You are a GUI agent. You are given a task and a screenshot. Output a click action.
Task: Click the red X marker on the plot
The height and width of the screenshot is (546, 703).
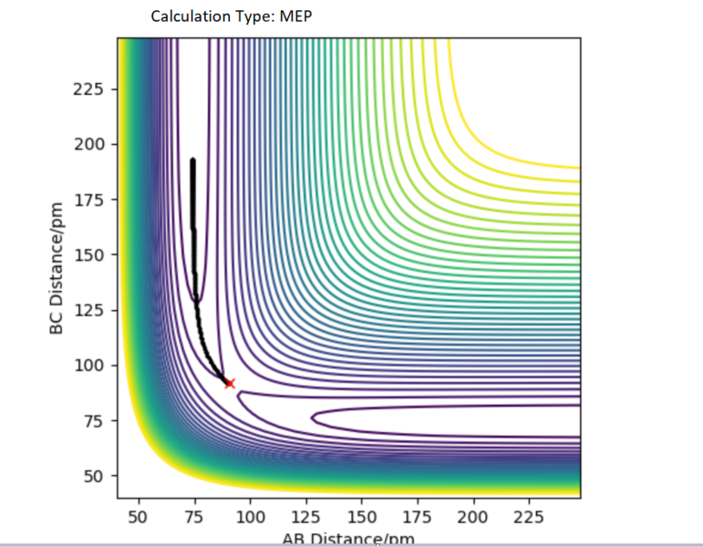point(229,384)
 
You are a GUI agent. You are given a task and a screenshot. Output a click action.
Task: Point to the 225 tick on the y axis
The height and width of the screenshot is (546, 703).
point(95,89)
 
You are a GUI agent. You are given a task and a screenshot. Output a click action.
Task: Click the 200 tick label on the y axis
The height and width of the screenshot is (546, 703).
point(95,144)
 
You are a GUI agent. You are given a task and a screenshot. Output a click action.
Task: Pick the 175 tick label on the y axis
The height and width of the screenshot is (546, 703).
point(95,200)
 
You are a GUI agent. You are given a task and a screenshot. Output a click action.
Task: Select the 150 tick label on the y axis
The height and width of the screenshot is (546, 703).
point(95,254)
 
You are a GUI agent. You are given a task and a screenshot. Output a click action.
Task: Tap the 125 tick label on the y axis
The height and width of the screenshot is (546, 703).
point(95,310)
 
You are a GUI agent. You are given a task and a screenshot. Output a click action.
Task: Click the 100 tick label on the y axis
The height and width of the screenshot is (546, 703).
point(95,366)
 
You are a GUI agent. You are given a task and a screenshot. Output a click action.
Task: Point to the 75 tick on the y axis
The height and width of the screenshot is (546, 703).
point(98,421)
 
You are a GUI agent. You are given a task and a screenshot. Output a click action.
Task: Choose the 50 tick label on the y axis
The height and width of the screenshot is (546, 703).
point(98,476)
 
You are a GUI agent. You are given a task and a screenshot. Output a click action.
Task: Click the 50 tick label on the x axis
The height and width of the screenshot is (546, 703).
point(139,518)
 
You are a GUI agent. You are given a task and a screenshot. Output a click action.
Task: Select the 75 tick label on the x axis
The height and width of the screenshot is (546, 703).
point(194,518)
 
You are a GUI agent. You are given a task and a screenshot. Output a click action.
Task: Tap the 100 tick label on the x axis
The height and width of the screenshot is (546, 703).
point(250,518)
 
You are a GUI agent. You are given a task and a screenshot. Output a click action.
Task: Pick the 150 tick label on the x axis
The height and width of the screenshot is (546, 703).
point(362,518)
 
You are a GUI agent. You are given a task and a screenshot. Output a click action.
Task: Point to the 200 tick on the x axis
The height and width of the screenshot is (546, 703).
point(473,518)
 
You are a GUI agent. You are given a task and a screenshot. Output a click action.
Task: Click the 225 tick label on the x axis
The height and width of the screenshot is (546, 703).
point(529,518)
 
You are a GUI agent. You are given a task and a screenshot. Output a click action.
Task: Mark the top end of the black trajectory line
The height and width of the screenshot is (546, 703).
point(192,160)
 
